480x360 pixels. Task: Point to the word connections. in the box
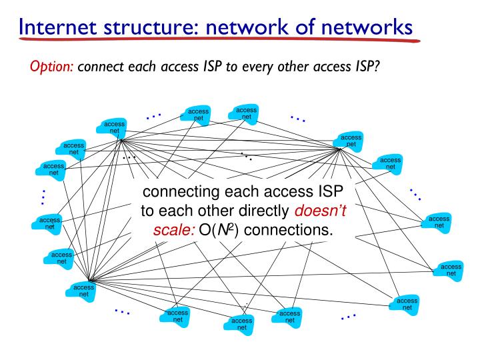291,230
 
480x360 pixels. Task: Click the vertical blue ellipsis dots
43,197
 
